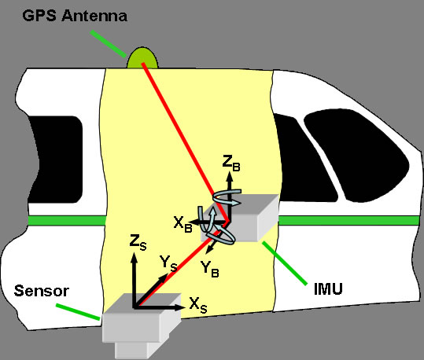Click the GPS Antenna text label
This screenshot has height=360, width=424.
point(75,16)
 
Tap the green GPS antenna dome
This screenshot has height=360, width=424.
point(142,58)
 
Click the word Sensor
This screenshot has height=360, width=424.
point(42,291)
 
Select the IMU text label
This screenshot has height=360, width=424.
point(328,288)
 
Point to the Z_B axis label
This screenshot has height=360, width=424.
point(231,163)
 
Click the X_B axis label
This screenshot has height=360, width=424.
point(183,225)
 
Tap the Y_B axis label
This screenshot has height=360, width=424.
point(210,269)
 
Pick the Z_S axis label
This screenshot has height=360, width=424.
point(138,242)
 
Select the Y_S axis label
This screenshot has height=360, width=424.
point(168,264)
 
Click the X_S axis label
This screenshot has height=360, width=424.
point(198,306)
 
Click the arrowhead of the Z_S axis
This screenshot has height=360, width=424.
point(134,258)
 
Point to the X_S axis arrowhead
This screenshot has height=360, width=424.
point(180,307)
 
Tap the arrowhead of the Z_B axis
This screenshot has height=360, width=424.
point(230,177)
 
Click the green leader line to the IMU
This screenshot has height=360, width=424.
point(285,263)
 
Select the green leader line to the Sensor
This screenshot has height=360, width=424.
point(78,312)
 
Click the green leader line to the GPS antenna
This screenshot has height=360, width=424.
point(109,44)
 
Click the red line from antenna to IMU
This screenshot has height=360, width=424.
point(186,142)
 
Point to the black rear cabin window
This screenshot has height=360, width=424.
point(55,160)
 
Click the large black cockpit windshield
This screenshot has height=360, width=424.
point(357,154)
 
